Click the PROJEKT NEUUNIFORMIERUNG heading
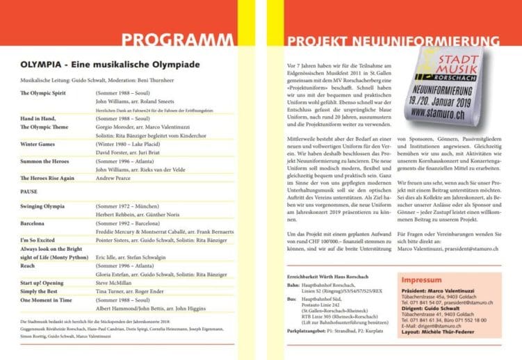(394, 40)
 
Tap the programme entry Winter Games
(38, 145)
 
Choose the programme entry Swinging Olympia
(43, 207)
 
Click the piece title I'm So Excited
(40, 240)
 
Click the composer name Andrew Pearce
(117, 179)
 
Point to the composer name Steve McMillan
(117, 284)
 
